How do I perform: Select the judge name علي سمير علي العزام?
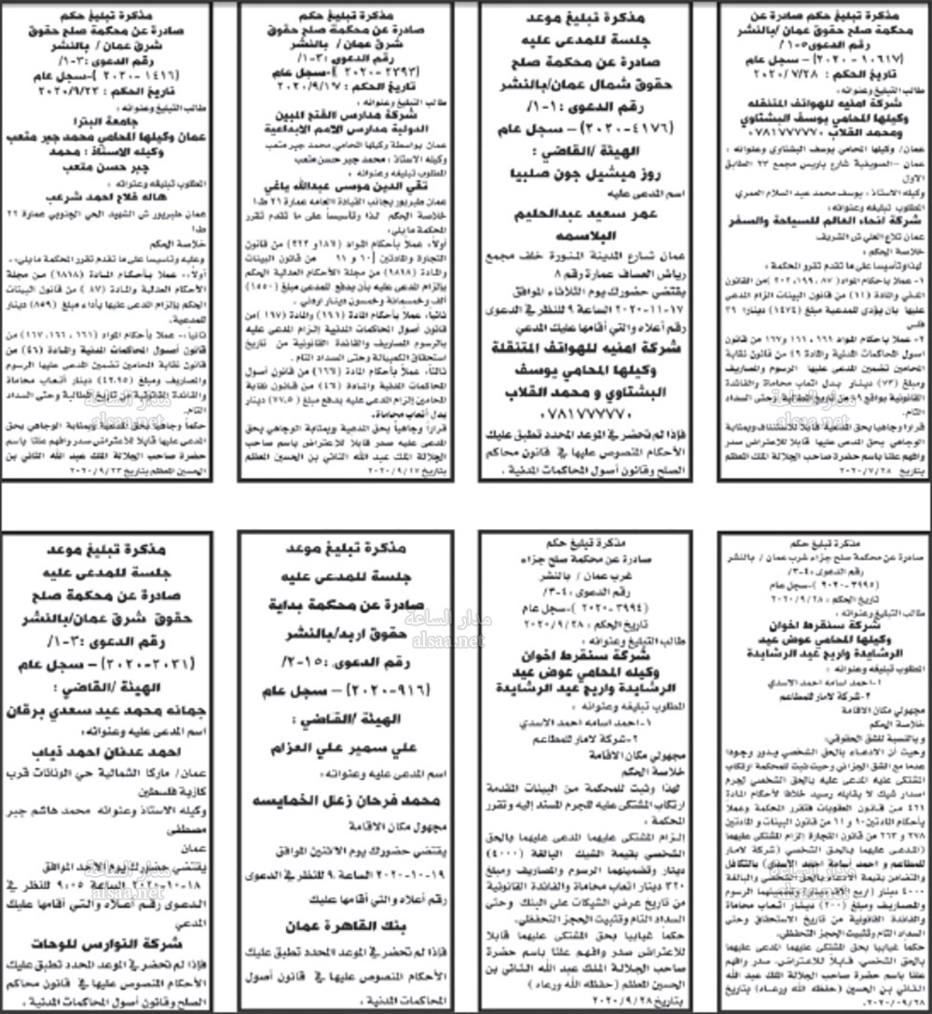[x=347, y=723]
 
